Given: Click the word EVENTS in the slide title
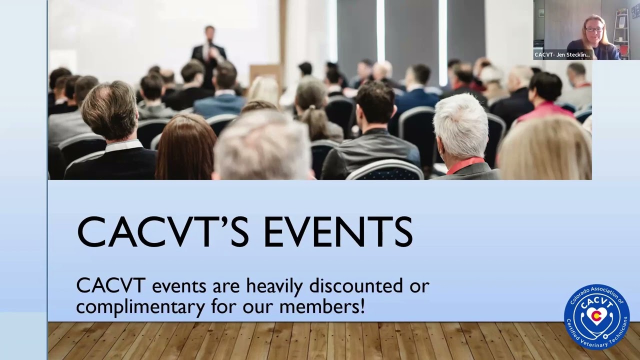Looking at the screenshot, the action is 338,231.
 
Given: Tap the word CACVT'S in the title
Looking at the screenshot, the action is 163,231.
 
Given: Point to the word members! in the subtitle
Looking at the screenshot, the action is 322,306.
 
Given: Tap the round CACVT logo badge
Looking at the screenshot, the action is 596,317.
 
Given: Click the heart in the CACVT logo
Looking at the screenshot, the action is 596,316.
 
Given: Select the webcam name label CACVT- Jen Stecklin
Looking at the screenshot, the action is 562,55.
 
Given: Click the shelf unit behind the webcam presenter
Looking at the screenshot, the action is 621,32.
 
